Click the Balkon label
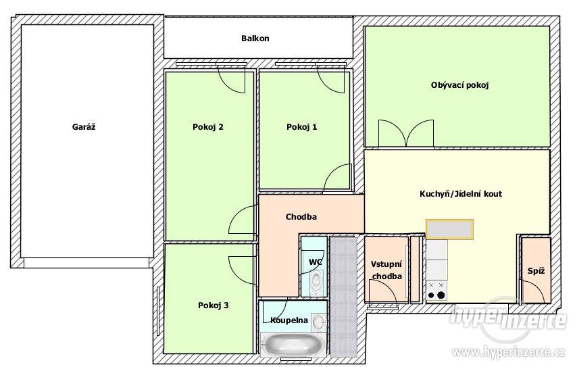[x=255, y=38]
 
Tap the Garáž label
[x=84, y=127]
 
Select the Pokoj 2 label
[x=208, y=127]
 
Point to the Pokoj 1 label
[x=302, y=127]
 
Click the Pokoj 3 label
[x=214, y=305]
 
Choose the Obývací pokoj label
[x=460, y=85]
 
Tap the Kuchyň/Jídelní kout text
[x=461, y=194]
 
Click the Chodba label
[x=301, y=216]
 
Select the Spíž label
[x=536, y=271]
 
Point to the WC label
[x=316, y=262]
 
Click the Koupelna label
[x=289, y=320]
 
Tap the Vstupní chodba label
[x=386, y=270]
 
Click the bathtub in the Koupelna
[x=293, y=344]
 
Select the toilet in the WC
[x=316, y=283]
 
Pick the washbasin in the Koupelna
[x=318, y=322]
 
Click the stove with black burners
[x=436, y=291]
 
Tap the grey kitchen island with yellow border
[x=449, y=229]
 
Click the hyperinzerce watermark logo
[x=508, y=318]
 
